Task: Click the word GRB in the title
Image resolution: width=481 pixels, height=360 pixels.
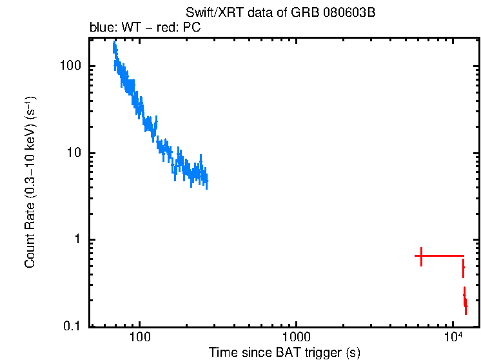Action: (309, 14)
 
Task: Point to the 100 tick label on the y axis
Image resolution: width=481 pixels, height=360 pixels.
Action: (70, 66)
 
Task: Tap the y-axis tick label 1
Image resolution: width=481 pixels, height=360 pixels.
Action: (77, 239)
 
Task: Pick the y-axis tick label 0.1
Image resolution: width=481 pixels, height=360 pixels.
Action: (72, 326)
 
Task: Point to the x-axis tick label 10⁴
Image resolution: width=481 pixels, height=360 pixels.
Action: (453, 337)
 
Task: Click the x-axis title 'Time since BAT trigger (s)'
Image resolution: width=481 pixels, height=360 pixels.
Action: (284, 352)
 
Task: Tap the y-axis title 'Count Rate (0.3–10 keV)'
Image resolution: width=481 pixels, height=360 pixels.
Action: (30, 182)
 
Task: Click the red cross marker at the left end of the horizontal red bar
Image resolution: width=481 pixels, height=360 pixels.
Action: (421, 256)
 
